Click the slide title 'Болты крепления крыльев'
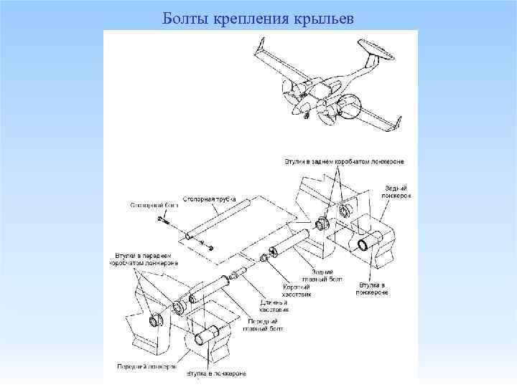pos(258,16)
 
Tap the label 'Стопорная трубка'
pos(210,193)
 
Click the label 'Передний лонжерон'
pos(146,366)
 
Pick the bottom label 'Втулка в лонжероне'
pos(216,373)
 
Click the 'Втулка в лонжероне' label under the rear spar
pos(373,288)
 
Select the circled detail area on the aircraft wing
pos(350,107)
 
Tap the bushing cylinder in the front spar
pos(208,335)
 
